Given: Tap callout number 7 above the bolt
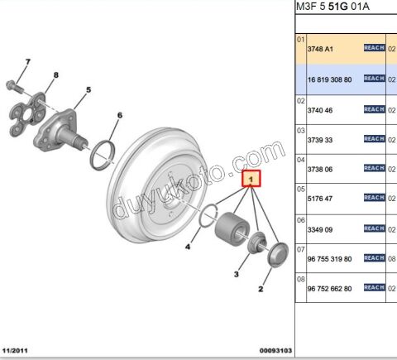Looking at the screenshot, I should point(26,63).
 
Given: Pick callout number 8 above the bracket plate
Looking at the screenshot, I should point(55,76).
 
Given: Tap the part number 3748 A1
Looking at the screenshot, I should point(321,49).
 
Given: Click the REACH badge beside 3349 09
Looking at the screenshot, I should point(375,228).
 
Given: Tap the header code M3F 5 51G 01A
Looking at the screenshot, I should point(333,7).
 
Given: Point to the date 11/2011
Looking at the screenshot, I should point(19,351).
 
